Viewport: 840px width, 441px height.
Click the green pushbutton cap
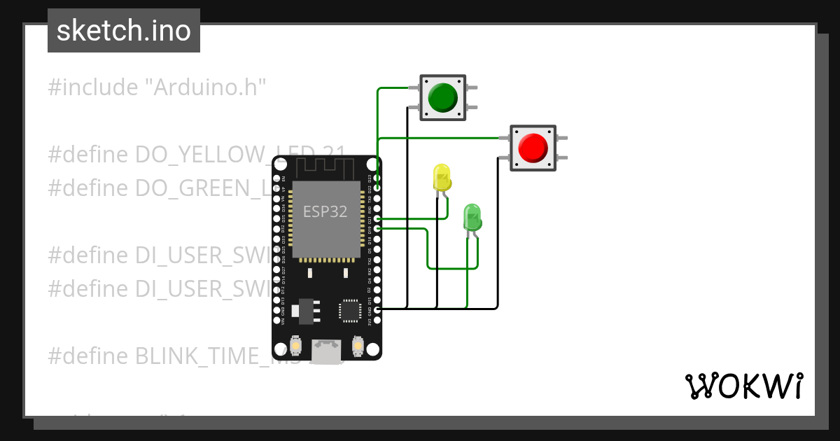click(442, 97)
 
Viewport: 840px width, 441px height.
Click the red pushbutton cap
click(533, 148)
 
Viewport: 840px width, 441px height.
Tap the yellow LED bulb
click(442, 177)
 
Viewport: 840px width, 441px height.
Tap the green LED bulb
click(472, 217)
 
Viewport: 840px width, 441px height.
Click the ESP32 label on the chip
click(325, 211)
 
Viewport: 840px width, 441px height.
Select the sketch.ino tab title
click(124, 31)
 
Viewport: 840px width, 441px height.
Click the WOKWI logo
click(743, 386)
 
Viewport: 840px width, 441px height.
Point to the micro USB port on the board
click(326, 351)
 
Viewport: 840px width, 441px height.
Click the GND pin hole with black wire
click(377, 309)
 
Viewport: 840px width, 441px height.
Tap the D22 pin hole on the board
click(377, 188)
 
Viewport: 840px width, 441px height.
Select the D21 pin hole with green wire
click(377, 218)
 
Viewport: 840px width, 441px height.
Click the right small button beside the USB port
click(357, 346)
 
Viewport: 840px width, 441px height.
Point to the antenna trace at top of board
click(326, 168)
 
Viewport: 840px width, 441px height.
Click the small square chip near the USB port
click(350, 310)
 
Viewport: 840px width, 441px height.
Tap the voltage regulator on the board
click(306, 308)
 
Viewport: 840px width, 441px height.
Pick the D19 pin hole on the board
click(377, 229)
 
